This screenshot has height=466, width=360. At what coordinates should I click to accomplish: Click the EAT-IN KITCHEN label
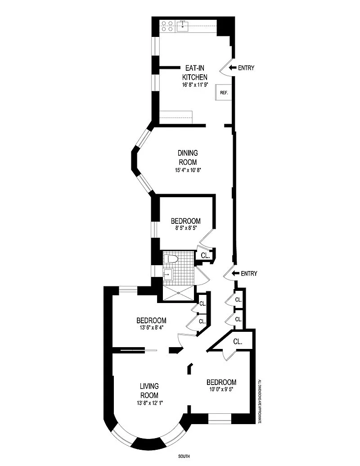pos(194,72)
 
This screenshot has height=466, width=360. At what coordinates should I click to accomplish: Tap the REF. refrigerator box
pos(224,92)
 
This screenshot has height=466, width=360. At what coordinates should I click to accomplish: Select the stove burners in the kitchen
pos(167,26)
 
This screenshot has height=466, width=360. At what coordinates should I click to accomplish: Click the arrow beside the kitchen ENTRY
pos(233,68)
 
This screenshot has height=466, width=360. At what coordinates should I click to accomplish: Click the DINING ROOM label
pos(188,158)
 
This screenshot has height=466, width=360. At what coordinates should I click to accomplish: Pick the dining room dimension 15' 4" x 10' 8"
pos(189,170)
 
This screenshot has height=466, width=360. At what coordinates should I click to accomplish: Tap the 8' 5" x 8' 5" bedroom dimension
pos(186,228)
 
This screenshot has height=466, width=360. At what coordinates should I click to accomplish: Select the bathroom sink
pos(168,273)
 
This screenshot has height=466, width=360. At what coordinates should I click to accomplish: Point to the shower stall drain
pos(178,293)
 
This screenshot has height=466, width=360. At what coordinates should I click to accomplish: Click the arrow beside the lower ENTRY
pos(235,273)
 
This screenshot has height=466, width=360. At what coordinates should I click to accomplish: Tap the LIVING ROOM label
pos(149,390)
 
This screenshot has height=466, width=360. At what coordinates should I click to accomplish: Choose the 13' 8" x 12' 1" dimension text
pos(149,403)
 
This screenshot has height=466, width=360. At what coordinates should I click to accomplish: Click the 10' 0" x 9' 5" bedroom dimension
pos(221,389)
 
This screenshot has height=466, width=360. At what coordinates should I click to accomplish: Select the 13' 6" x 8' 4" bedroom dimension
pos(151,327)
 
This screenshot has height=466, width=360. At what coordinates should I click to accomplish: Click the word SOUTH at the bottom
pos(184,456)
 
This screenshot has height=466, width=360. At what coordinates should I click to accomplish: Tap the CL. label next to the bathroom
pos(205,255)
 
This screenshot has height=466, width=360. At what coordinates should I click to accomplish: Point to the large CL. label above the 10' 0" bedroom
pos(238,341)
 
